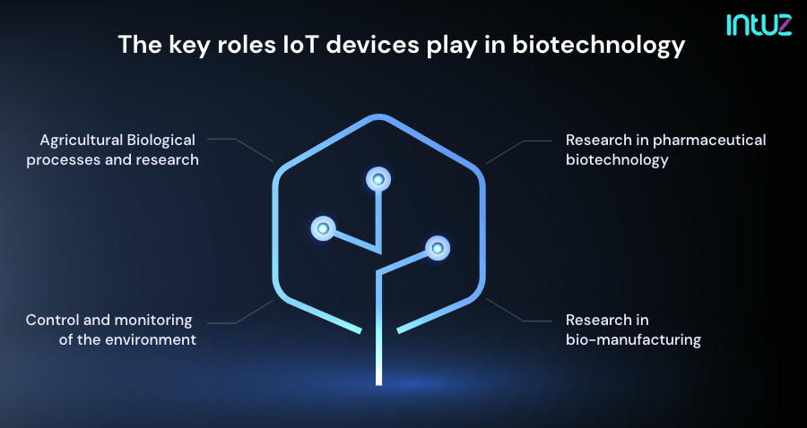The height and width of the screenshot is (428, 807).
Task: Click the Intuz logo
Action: point(759,24)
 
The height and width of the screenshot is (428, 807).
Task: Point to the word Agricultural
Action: point(81,141)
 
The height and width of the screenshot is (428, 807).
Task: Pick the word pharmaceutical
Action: point(709,141)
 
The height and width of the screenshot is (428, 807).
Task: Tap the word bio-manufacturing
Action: point(633,340)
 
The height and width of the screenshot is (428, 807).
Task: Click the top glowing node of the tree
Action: point(378,179)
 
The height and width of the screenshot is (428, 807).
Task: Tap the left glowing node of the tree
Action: point(323,228)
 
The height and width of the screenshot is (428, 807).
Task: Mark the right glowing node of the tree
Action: point(437,246)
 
